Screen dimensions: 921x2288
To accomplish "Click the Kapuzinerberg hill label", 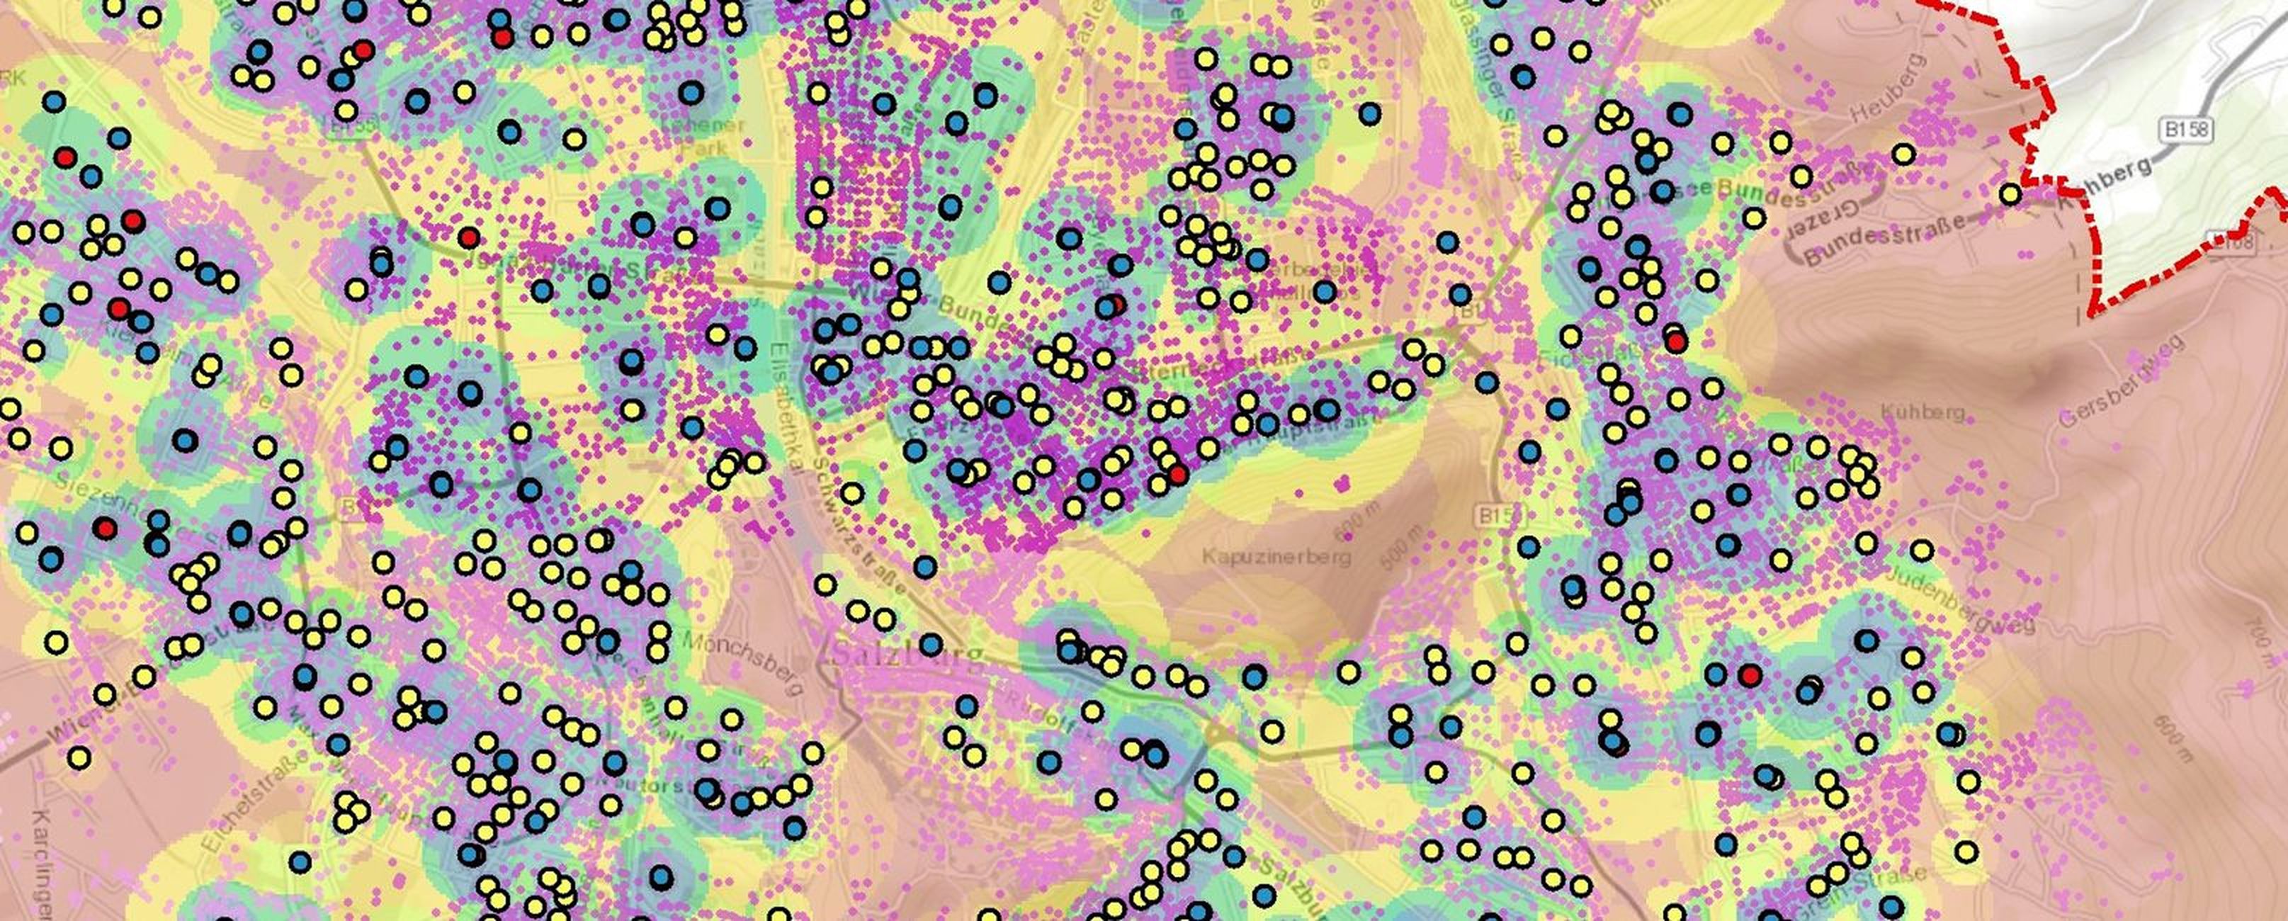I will click(1276, 557).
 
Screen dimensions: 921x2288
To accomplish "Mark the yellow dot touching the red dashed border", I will click(2011, 193).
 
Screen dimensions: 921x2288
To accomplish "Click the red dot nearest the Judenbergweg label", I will click(1750, 676).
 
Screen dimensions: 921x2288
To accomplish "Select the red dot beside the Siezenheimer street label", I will click(106, 529).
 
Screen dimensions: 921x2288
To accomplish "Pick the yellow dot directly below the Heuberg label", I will click(1903, 154).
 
